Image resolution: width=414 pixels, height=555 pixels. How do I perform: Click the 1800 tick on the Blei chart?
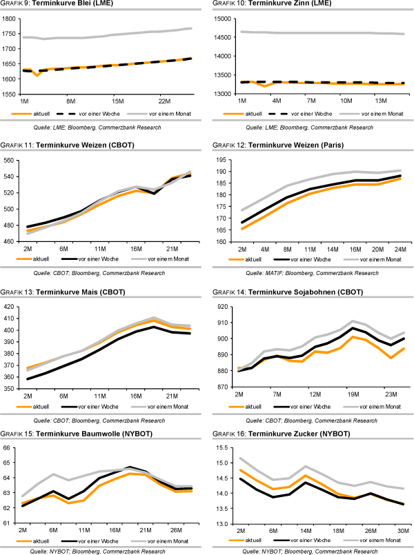[x=10, y=18]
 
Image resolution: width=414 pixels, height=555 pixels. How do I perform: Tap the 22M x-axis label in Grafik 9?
[x=164, y=101]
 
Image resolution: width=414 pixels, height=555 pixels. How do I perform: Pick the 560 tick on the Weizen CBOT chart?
[x=9, y=160]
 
